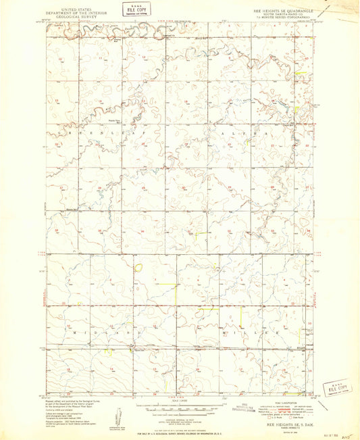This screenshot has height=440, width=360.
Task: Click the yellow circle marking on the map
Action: (x=138, y=268)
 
